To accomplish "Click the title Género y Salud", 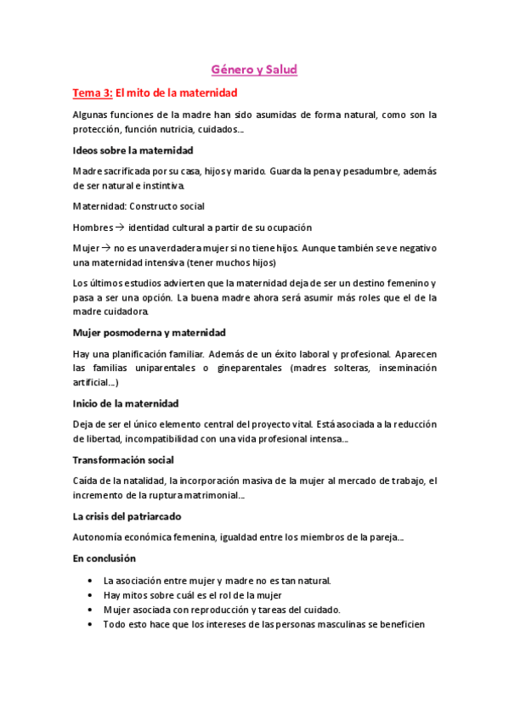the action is click(x=254, y=70).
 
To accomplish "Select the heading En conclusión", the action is click(x=105, y=558).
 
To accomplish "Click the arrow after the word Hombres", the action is click(x=120, y=228).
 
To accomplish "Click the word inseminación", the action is click(x=401, y=368).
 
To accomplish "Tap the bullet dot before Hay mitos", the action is click(x=91, y=595).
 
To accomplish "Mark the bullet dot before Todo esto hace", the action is click(x=91, y=624).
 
